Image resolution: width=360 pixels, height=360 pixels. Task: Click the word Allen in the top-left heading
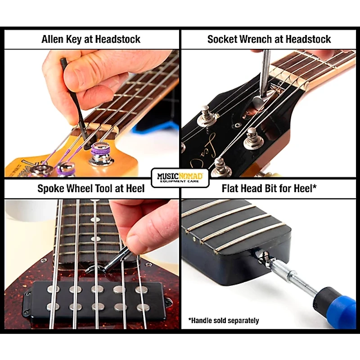(x=54, y=39)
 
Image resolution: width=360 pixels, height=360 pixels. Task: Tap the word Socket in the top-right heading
(x=222, y=39)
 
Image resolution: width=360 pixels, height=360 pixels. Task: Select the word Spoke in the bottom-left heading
(x=51, y=188)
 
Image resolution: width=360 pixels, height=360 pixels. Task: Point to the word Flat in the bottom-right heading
(x=231, y=188)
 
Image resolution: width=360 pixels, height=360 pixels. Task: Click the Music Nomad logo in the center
(x=180, y=175)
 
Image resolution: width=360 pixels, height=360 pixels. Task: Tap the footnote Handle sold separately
(x=224, y=321)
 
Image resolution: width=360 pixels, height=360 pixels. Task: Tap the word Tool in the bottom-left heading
(x=104, y=188)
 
